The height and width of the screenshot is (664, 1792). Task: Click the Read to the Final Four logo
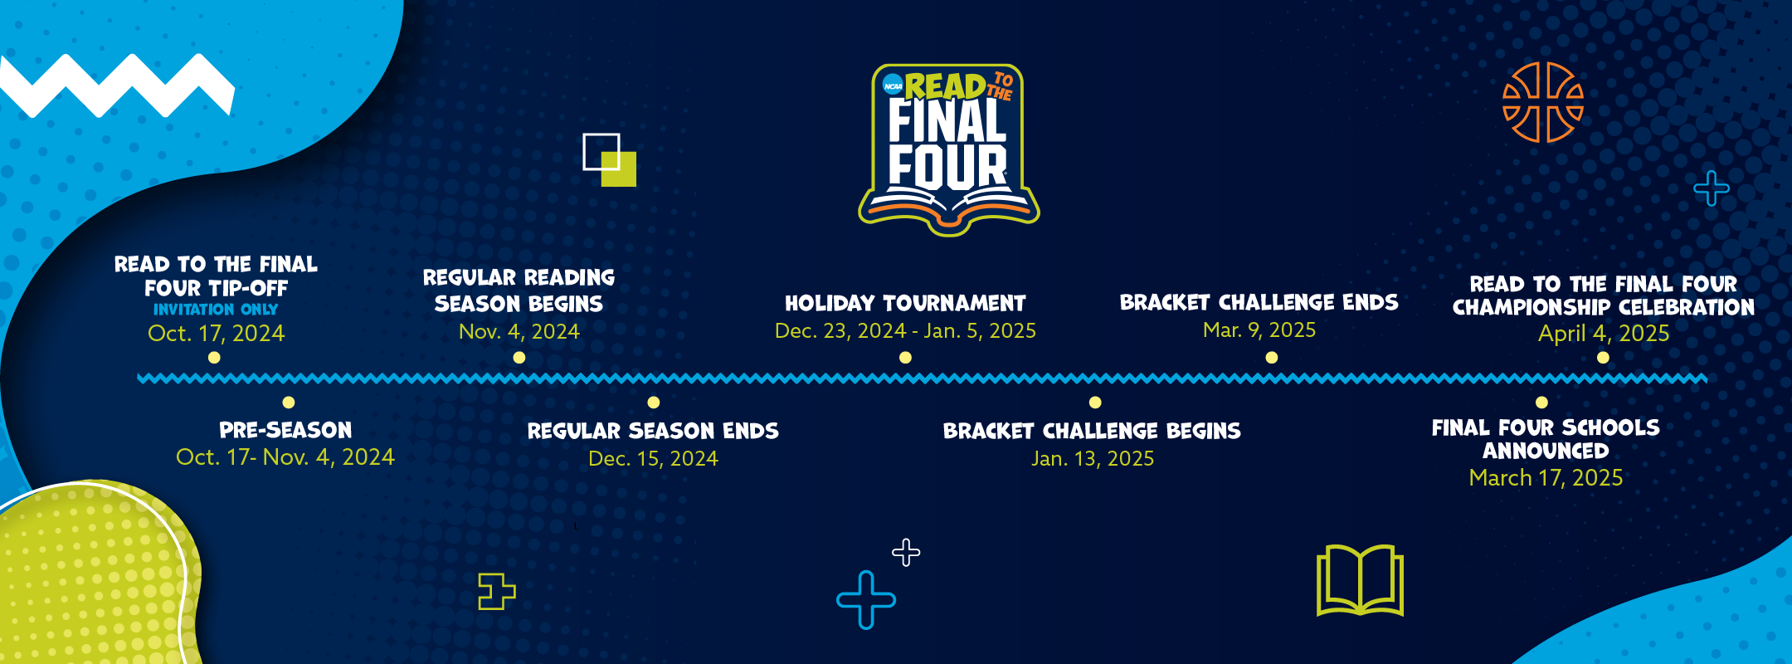[x=948, y=149]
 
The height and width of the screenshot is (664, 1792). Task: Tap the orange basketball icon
[x=1543, y=102]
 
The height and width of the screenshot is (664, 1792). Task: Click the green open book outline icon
[x=1360, y=580]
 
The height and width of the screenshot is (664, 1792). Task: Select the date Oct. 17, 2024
[x=216, y=334]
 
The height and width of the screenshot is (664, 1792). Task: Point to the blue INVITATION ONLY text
[x=216, y=310]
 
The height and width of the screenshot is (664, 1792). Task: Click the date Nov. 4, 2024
[x=519, y=332]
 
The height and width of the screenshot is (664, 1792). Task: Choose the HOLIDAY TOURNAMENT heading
[x=905, y=303]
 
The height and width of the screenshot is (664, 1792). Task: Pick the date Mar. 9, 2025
[x=1259, y=330]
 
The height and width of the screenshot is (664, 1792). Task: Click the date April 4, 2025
[x=1604, y=334]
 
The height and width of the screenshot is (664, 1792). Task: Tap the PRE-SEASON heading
[x=285, y=430]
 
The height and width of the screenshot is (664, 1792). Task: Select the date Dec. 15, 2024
[x=653, y=459]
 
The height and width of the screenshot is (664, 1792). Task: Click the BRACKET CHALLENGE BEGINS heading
[x=1092, y=431]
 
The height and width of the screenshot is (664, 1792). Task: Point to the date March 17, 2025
[x=1546, y=478]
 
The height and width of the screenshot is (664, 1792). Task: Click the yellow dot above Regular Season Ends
[x=654, y=403]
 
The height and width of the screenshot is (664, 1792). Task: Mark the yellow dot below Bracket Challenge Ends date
[x=1272, y=358]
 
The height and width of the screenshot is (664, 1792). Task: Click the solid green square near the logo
[x=619, y=169]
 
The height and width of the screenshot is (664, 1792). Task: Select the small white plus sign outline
[x=906, y=553]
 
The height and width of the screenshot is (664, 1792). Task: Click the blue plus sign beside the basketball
[x=1712, y=188]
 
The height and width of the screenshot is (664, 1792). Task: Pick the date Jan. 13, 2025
[x=1093, y=459]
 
